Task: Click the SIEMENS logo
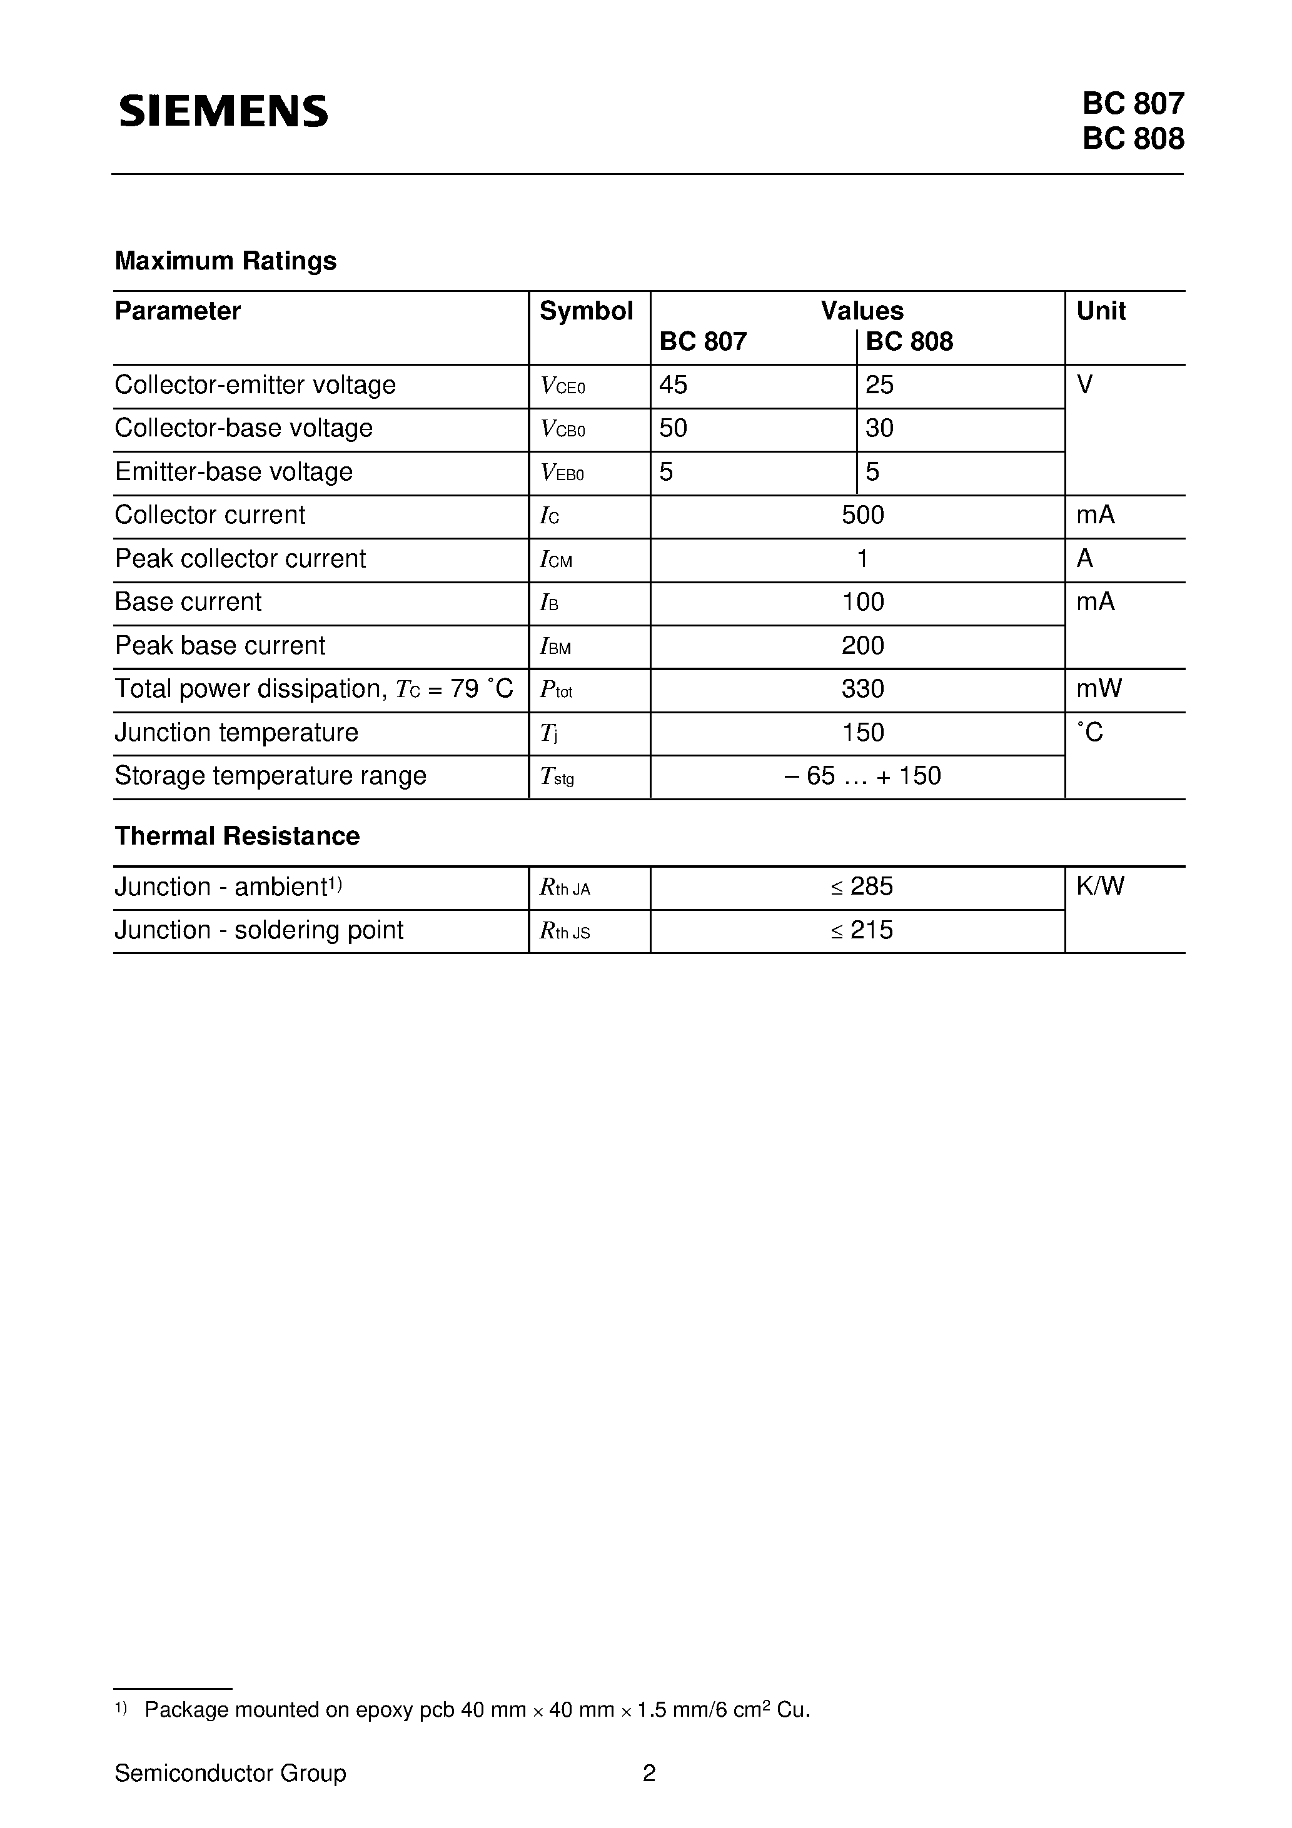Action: pyautogui.click(x=223, y=111)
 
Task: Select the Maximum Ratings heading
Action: pyautogui.click(x=225, y=261)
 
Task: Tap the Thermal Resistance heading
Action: pyautogui.click(x=236, y=836)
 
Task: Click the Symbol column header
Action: pyautogui.click(x=585, y=311)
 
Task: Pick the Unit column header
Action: pyautogui.click(x=1100, y=311)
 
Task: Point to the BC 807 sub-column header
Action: pyautogui.click(x=702, y=341)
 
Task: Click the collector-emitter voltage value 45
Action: pyautogui.click(x=673, y=385)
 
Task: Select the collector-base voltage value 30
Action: pyautogui.click(x=879, y=428)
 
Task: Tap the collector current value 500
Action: pyautogui.click(x=862, y=515)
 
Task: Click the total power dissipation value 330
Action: pyautogui.click(x=862, y=689)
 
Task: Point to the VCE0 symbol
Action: pyautogui.click(x=562, y=386)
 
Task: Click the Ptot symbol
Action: pyautogui.click(x=556, y=690)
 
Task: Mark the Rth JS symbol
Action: pyautogui.click(x=564, y=931)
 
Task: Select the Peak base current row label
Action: pyautogui.click(x=220, y=646)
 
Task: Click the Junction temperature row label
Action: pyautogui.click(x=236, y=733)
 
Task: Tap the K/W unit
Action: pyautogui.click(x=1099, y=886)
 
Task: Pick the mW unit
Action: pyautogui.click(x=1098, y=689)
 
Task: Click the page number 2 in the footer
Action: pyautogui.click(x=649, y=1773)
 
